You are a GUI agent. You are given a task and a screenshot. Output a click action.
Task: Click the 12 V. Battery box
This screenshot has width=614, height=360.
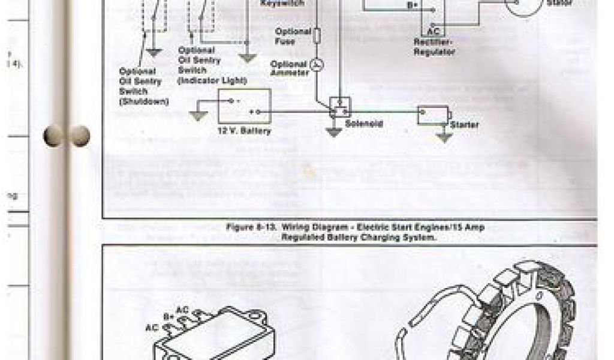[x=244, y=106]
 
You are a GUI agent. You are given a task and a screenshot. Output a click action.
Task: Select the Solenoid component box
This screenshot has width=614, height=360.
[x=340, y=107]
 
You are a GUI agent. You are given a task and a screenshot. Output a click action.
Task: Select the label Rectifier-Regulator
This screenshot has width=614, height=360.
[x=435, y=47]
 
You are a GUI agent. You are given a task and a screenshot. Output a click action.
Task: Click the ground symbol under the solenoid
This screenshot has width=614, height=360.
[x=333, y=132]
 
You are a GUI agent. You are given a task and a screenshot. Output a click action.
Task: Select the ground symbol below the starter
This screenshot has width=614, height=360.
[x=444, y=136]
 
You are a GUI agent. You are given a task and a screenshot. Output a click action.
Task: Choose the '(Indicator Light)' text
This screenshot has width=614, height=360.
[x=212, y=80]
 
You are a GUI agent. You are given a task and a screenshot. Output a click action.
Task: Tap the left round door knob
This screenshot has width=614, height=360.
[x=54, y=136]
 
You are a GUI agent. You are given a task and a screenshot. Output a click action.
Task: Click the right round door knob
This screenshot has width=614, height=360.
[x=79, y=136]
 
